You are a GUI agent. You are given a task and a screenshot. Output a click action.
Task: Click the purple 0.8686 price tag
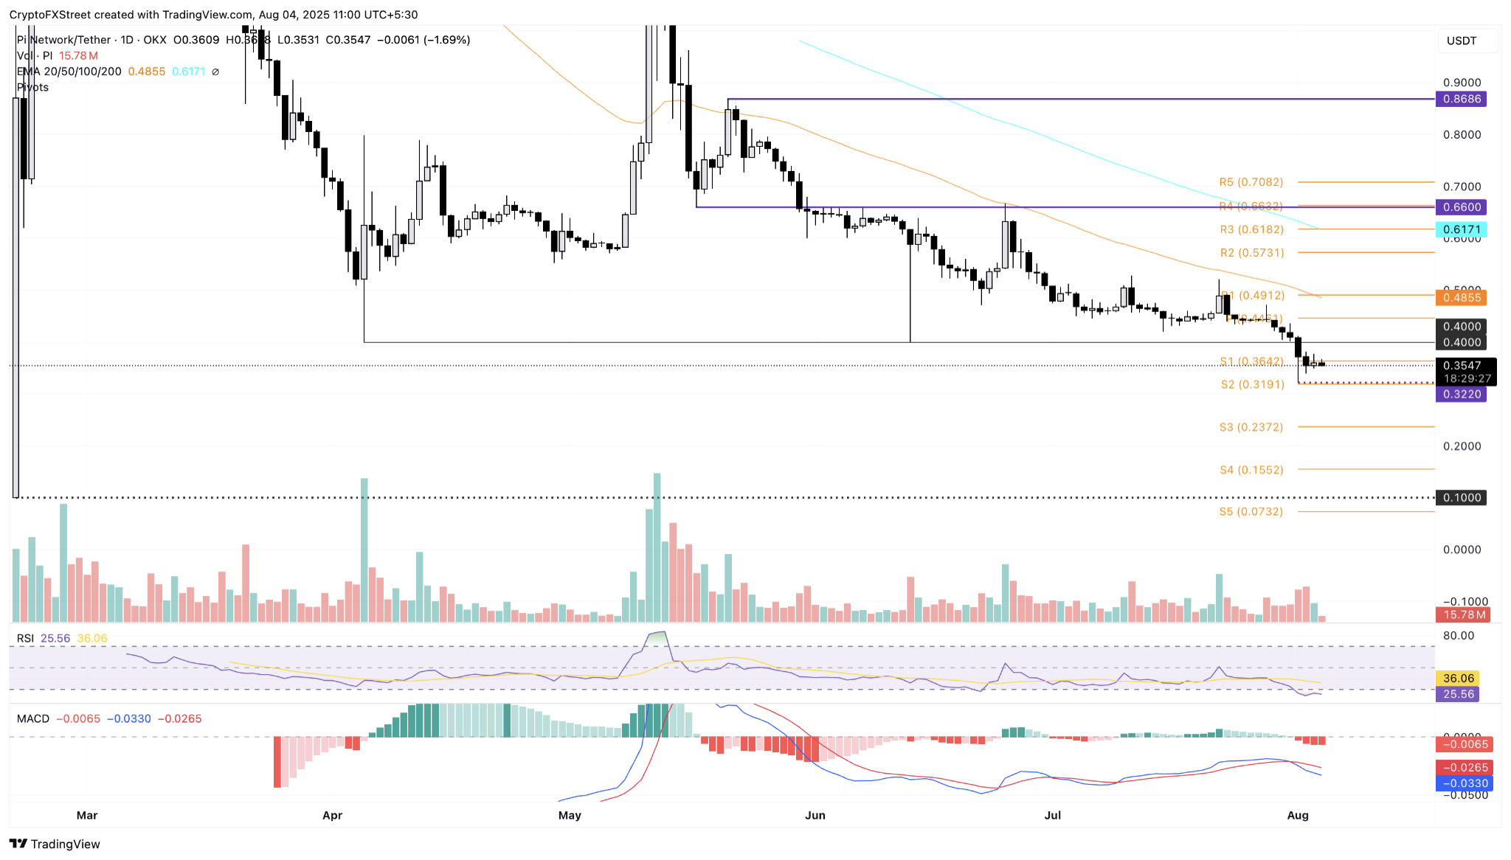[x=1461, y=99]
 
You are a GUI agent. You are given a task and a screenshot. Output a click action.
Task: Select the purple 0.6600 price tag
[x=1461, y=207]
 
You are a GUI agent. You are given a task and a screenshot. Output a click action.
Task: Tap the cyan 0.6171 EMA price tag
[x=1461, y=230]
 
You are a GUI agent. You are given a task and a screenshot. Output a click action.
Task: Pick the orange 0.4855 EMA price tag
[x=1461, y=298]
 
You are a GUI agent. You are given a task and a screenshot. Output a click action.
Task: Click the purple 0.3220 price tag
[x=1461, y=395]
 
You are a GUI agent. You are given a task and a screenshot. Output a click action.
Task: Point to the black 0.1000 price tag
[x=1461, y=498]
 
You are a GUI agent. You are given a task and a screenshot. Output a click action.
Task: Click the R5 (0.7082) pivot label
[x=1251, y=182]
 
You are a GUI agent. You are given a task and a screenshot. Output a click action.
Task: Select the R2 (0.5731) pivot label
[x=1251, y=253]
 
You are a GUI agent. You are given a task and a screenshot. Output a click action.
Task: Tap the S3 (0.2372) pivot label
[x=1251, y=428]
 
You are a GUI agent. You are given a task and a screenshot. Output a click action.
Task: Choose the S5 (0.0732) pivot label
[x=1251, y=512]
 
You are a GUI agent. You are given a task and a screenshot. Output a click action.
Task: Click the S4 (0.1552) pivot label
[x=1251, y=470]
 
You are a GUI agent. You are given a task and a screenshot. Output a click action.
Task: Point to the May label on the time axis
[x=570, y=815]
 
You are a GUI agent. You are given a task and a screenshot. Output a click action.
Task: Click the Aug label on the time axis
[x=1297, y=815]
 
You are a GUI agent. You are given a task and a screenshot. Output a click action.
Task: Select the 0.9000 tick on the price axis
[x=1462, y=83]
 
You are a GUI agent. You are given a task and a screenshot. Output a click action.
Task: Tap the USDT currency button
[x=1462, y=41]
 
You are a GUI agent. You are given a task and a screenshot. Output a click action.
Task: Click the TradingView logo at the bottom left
[x=55, y=844]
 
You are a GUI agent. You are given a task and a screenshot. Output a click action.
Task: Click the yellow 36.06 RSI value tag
[x=1458, y=679]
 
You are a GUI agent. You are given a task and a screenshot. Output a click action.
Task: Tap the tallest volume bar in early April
[x=364, y=549]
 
